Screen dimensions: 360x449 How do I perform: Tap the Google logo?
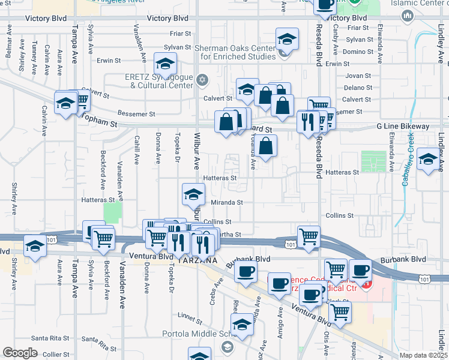tap(20, 353)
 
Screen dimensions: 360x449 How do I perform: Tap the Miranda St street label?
tap(227, 203)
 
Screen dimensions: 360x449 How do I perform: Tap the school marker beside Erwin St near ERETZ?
tap(166, 64)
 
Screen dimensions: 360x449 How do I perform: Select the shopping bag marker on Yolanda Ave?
tap(267, 145)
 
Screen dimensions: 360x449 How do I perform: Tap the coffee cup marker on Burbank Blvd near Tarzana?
tap(244, 272)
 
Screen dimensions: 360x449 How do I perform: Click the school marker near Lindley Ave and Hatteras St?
tap(429, 159)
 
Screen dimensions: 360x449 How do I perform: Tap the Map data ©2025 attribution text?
tap(424, 355)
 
